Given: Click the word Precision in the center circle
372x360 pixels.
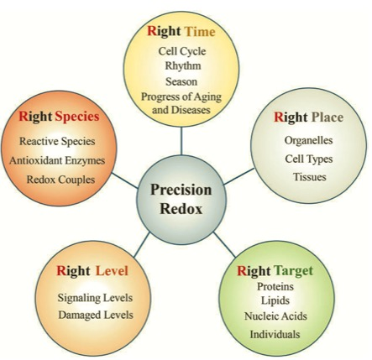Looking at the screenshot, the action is pyautogui.click(x=181, y=190).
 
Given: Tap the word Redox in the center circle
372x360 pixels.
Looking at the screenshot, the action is pyautogui.click(x=181, y=209).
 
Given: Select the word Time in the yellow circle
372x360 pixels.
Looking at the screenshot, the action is pyautogui.click(x=200, y=31).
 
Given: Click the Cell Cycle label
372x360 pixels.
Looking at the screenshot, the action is pyautogui.click(x=182, y=51).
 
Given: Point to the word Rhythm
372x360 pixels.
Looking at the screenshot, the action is pyautogui.click(x=183, y=66).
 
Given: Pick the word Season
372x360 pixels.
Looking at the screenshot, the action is pyautogui.click(x=181, y=81).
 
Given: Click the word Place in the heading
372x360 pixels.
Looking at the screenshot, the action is pyautogui.click(x=327, y=117).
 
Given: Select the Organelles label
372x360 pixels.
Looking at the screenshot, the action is pyautogui.click(x=308, y=140).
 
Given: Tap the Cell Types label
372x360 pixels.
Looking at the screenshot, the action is pyautogui.click(x=309, y=159).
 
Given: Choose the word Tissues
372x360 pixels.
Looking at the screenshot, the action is pyautogui.click(x=310, y=177).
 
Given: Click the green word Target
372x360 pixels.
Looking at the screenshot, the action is pyautogui.click(x=293, y=271).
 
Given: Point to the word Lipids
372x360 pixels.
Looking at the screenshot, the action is pyautogui.click(x=275, y=300).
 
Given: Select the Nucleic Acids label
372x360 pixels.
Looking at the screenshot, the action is pyautogui.click(x=275, y=316).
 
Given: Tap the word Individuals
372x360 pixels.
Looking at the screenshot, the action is pyautogui.click(x=275, y=334).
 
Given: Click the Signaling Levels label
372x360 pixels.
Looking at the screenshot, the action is pyautogui.click(x=95, y=298).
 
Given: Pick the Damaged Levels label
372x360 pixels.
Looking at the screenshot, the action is pyautogui.click(x=96, y=316).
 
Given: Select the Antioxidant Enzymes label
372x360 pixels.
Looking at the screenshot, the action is pyautogui.click(x=57, y=161).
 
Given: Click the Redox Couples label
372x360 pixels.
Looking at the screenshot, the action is pyautogui.click(x=60, y=180).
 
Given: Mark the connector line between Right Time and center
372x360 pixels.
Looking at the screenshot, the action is pyautogui.click(x=181, y=141).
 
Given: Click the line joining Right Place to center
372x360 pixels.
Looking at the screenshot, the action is pyautogui.click(x=239, y=176).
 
